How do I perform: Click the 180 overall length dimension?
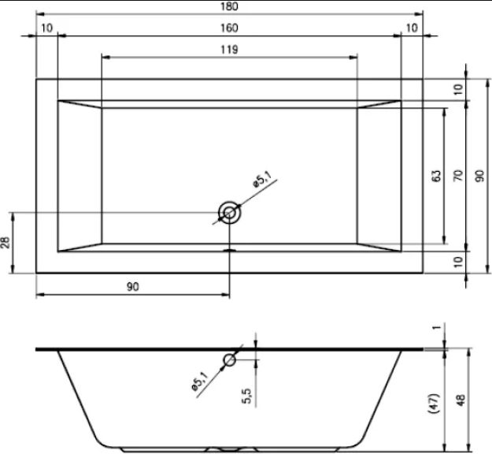(229, 6)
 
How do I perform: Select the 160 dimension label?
(229, 28)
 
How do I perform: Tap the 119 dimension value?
(229, 50)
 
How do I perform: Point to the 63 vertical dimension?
(436, 176)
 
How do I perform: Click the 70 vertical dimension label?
(458, 175)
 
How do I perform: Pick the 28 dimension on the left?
(6, 243)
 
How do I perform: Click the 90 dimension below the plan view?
(133, 287)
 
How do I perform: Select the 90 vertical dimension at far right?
(479, 176)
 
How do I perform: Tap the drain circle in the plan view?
(229, 213)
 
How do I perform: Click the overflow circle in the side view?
(229, 360)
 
